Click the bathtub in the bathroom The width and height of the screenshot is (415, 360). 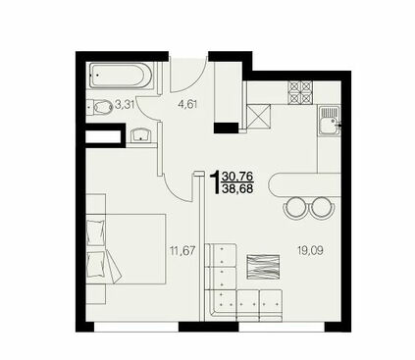coord(120,76)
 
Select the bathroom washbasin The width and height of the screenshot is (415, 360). coord(141,134)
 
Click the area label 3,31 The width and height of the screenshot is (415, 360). coord(124,105)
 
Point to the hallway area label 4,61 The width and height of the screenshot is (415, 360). coord(187,105)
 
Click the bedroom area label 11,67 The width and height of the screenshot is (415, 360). coord(182,251)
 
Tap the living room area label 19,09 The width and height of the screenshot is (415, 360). coord(310,251)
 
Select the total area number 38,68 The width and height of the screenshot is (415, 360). coord(237,188)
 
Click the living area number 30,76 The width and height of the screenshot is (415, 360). coord(237,177)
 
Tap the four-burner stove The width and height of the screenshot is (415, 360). coord(300,92)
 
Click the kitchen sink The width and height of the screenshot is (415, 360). coord(330,122)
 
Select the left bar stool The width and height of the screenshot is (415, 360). coord(296,208)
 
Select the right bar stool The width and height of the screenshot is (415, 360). coord(323,208)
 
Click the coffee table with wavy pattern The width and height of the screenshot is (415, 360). coord(263,268)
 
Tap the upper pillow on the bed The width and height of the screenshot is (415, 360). coord(96,232)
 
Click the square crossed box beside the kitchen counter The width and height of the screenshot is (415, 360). coord(259,116)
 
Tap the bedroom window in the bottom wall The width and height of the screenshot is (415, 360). coord(136,327)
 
